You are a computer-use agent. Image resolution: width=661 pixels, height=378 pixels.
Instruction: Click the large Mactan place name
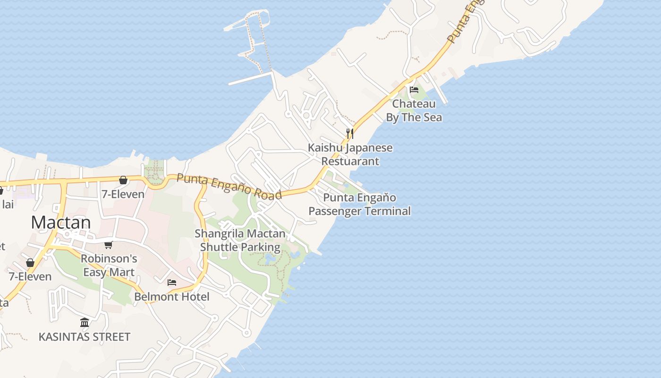point(61,222)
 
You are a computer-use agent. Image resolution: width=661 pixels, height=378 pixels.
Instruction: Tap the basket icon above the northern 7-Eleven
point(123,180)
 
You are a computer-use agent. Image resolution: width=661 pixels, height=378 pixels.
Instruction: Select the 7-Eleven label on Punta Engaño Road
point(123,194)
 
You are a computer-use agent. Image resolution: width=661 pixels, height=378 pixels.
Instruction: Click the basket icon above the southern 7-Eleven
point(30,263)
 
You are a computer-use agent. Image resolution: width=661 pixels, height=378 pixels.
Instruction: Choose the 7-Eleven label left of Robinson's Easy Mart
point(30,276)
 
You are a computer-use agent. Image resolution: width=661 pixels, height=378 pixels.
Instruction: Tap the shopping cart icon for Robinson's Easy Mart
point(109,245)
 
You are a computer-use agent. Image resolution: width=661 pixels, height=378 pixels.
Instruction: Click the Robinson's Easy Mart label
point(109,266)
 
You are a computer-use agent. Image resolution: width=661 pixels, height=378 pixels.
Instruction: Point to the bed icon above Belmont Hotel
point(172,283)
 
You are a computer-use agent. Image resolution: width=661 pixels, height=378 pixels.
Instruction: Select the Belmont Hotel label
point(172,297)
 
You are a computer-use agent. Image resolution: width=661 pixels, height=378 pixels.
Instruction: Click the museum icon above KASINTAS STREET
point(85,322)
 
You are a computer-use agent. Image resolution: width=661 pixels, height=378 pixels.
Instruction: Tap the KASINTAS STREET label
point(85,337)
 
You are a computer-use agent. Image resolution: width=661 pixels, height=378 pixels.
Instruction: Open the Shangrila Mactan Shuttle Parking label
point(240,240)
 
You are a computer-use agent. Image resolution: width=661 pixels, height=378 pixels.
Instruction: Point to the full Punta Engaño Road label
point(229,186)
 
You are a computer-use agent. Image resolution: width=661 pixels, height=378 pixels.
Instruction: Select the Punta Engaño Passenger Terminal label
point(360,204)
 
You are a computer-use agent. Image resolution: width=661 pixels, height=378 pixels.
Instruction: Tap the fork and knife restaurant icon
point(349,133)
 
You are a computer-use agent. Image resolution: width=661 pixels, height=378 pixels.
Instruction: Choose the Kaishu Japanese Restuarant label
point(350,154)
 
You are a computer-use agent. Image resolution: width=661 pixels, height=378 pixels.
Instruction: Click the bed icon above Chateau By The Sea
point(414,90)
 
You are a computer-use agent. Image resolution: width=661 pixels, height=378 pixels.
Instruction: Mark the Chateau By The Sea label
point(414,111)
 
